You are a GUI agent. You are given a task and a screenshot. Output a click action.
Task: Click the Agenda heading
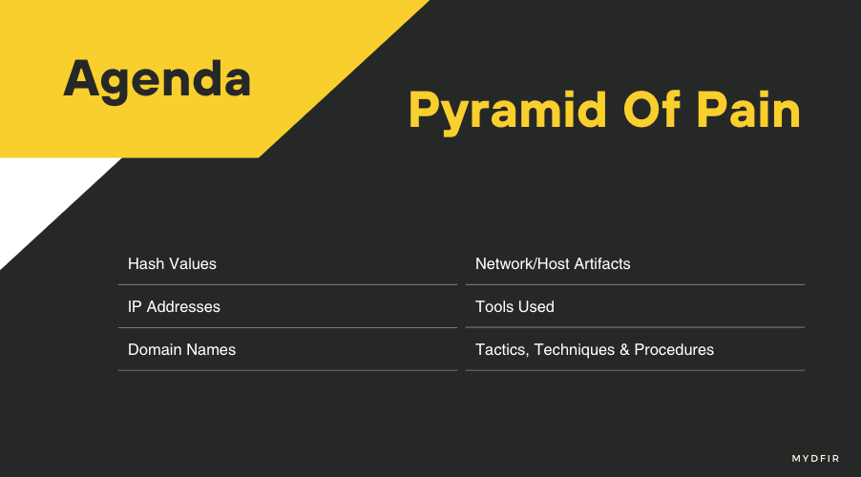coord(157,81)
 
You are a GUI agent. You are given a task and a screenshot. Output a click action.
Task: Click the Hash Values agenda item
coord(172,264)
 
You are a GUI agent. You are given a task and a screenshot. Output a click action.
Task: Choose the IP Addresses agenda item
coord(174,307)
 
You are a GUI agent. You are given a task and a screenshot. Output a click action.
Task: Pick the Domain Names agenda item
coord(181,350)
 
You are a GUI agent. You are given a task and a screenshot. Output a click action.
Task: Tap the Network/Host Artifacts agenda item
coord(553,264)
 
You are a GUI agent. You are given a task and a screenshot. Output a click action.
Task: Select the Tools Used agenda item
coord(514,307)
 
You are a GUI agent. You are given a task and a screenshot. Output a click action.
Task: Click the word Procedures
coord(674,350)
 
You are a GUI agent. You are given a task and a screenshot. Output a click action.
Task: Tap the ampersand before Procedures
coord(624,350)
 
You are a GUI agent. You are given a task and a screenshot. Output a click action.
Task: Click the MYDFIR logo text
coord(815,458)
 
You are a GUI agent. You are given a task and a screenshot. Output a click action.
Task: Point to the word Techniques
coord(575,350)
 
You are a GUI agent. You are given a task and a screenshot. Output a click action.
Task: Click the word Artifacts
coord(601,264)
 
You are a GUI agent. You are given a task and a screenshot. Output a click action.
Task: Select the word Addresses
coord(183,307)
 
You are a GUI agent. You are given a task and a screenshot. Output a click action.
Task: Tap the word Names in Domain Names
coord(211,350)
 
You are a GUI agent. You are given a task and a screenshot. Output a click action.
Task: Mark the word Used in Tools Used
coord(536,307)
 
